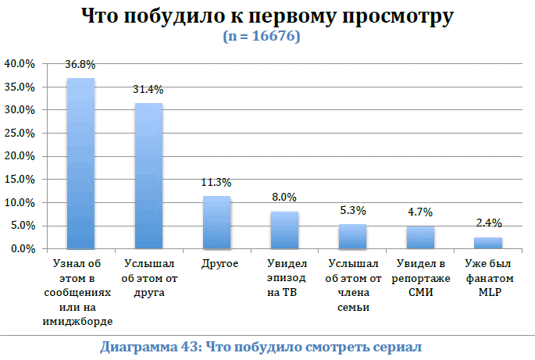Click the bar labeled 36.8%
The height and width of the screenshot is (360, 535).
coord(80,163)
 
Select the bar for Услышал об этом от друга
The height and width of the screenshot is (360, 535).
coord(148,176)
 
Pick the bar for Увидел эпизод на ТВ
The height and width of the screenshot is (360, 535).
coord(284,230)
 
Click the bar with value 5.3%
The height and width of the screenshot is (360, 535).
coord(352,236)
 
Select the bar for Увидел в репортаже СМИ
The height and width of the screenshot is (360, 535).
coord(420,237)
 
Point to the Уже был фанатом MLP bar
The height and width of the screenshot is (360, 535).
coord(488,242)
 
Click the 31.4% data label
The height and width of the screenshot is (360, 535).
coord(148,92)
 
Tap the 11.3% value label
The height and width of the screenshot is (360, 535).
coord(216,184)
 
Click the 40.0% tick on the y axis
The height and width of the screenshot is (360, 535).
coord(20,62)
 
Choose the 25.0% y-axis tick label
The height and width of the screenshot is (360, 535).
coord(20,133)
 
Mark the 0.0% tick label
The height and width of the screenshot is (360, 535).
coord(22,248)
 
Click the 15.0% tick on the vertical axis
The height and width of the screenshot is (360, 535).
coord(20,179)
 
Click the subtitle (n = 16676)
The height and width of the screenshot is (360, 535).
coord(267,36)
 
